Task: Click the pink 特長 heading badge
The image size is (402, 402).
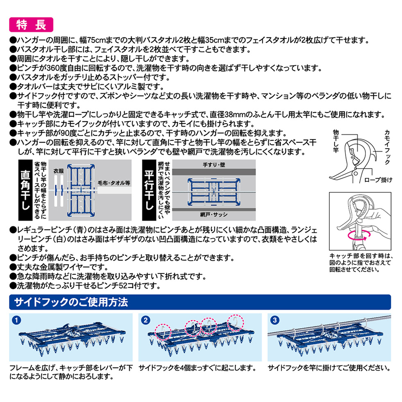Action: pos(31,25)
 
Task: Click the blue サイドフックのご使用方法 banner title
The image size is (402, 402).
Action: pos(71,302)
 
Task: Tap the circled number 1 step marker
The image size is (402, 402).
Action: pos(16,320)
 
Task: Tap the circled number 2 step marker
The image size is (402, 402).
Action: pos(145,320)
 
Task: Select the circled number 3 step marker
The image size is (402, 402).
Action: pos(275,320)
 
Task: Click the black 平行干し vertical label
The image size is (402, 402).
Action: pos(149,190)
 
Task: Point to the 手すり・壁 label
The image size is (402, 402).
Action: pos(214,165)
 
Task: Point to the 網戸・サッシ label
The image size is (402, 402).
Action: pos(214,215)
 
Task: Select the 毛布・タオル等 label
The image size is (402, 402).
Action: pos(114,183)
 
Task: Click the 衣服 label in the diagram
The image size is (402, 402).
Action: pos(59,171)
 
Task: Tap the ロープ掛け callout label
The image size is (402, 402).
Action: pos(378,180)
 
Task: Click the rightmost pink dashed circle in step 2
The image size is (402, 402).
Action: pos(236,322)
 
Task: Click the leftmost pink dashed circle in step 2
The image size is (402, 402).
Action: pos(163,332)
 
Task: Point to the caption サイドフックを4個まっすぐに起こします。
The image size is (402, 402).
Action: pos(198,368)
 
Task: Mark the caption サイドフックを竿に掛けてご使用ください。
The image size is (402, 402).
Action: pos(329,368)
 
